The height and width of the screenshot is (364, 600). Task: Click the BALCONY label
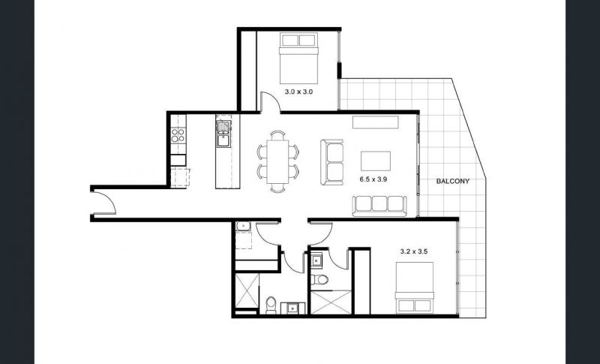point(453,182)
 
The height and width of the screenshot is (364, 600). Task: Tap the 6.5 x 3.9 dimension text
point(373,179)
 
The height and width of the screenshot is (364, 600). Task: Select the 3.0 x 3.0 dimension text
point(298,92)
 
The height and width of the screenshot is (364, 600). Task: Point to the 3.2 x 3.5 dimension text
point(414,251)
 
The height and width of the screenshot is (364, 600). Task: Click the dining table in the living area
point(277,161)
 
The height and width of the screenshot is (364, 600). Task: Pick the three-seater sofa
point(379,206)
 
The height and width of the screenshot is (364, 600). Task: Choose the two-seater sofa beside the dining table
point(332,162)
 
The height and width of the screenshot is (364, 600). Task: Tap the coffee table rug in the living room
point(376,161)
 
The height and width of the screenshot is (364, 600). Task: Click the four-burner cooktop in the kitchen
point(178,135)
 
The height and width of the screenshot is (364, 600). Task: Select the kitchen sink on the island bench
point(223,134)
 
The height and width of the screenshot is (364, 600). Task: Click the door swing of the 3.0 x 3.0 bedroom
point(271,102)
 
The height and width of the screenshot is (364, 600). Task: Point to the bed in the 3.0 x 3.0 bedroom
point(298,59)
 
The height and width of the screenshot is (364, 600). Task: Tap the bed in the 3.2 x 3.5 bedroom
point(415,287)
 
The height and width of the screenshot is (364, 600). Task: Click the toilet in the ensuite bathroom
point(319,279)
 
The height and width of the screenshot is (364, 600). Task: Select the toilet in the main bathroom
point(271,305)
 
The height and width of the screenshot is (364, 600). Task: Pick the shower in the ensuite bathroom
point(331,302)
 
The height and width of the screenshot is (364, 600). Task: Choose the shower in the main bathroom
point(247,290)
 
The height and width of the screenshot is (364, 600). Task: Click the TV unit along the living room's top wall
point(376,122)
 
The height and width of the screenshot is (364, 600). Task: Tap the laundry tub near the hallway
point(242,226)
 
